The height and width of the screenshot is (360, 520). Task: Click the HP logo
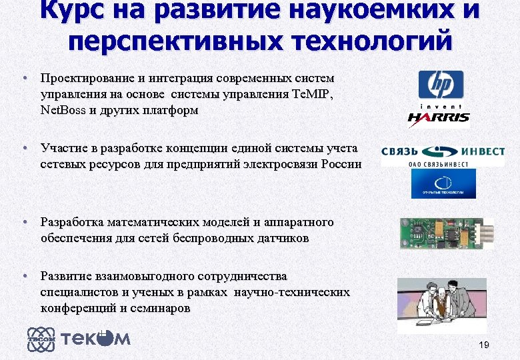pos(440,85)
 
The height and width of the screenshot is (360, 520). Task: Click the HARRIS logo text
pos(439,119)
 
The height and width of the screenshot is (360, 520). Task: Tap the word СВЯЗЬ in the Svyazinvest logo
pos(399,152)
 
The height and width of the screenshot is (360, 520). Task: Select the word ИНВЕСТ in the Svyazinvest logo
pos(481,152)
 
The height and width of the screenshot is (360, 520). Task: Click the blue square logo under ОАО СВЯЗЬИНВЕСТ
pos(443,183)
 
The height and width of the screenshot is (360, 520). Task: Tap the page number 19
pos(484,345)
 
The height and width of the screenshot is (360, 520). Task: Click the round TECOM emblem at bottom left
pos(41,339)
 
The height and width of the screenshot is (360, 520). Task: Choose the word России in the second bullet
pos(341,164)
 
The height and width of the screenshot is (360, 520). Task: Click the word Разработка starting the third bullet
pos(71,222)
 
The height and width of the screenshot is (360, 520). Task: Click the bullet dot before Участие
pos(24,148)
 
